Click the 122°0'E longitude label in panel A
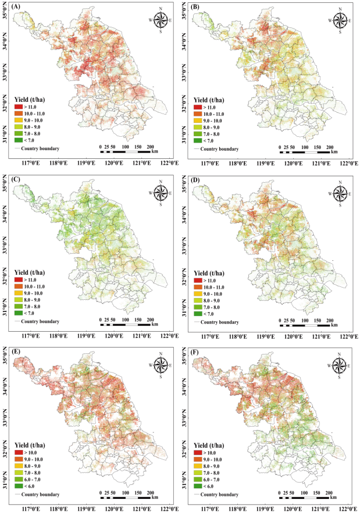[x=168, y=163]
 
